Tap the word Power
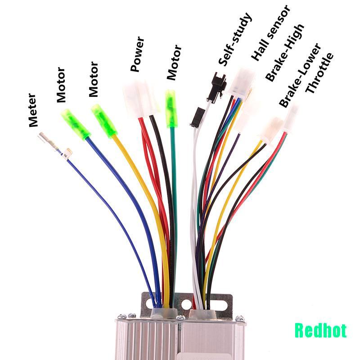(x=138, y=55)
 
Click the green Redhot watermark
(x=320, y=331)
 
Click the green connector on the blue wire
(x=76, y=124)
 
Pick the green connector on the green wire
(x=171, y=108)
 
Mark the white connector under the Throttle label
(x=291, y=118)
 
